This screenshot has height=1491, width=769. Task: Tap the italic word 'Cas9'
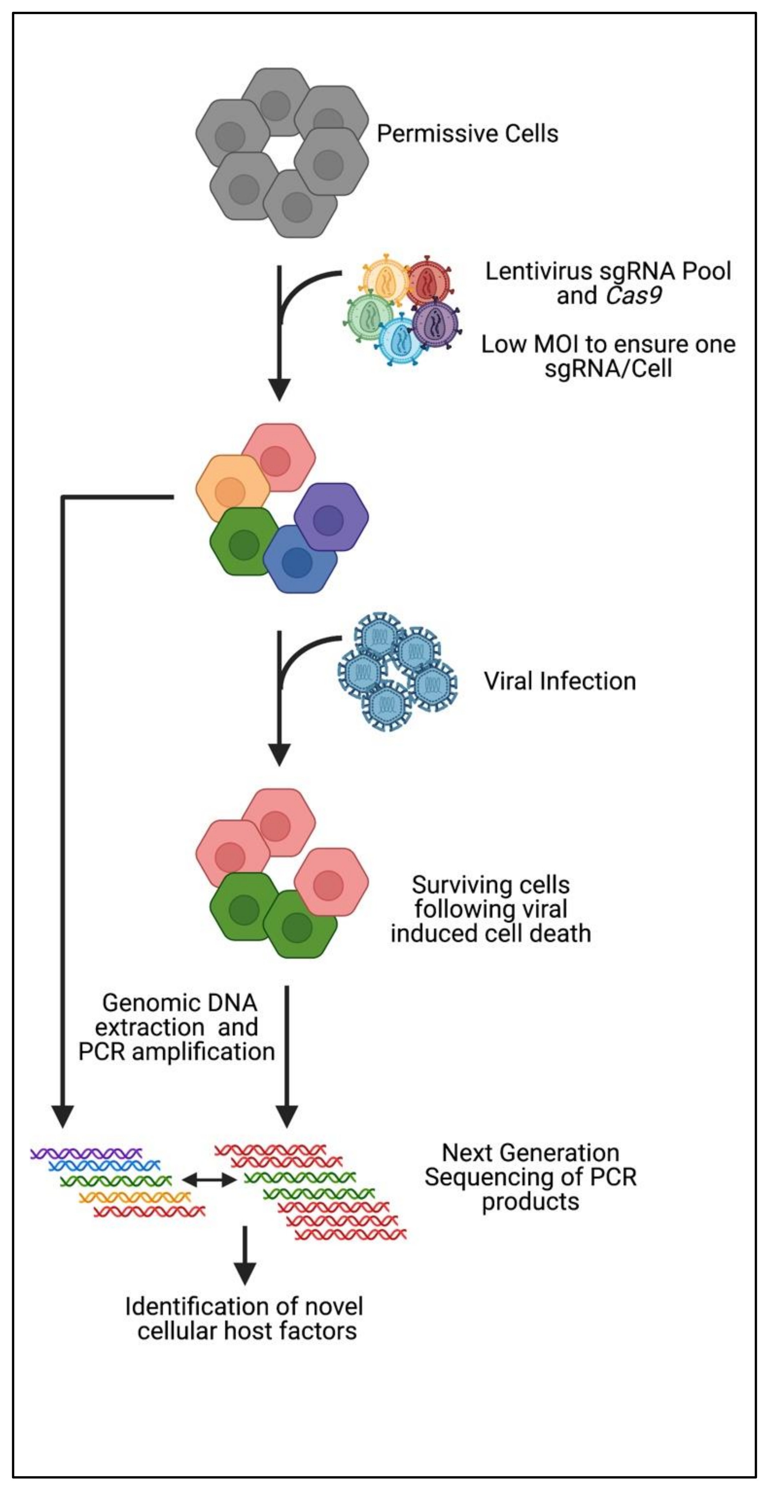(633, 296)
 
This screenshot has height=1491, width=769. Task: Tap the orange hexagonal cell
(231, 490)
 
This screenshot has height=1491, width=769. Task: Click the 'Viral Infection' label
(560, 681)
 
